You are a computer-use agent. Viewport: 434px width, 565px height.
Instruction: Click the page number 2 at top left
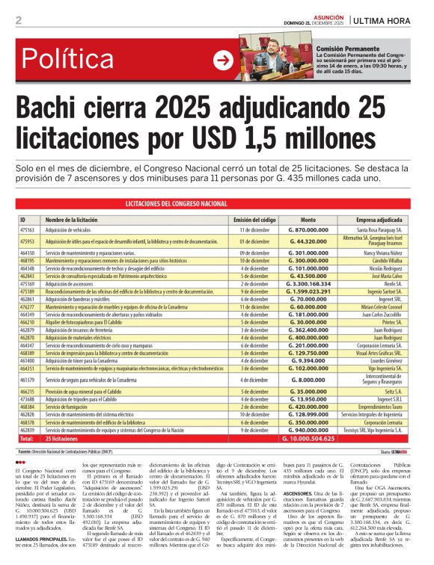tap(18, 21)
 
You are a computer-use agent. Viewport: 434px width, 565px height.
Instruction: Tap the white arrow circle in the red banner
tap(223, 60)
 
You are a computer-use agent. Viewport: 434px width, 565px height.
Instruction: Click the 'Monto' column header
tap(308, 220)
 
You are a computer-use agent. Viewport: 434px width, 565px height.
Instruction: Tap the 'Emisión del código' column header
tap(254, 220)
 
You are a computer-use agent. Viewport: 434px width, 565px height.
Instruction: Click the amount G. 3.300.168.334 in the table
tap(308, 284)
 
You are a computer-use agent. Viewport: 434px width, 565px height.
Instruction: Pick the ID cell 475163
tap(28, 231)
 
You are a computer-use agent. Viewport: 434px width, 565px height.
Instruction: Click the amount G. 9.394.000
tap(308, 359)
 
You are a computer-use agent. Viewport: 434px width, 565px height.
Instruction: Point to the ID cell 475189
tap(28, 291)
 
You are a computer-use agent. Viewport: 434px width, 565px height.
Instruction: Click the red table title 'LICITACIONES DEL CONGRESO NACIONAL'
tap(216, 204)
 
